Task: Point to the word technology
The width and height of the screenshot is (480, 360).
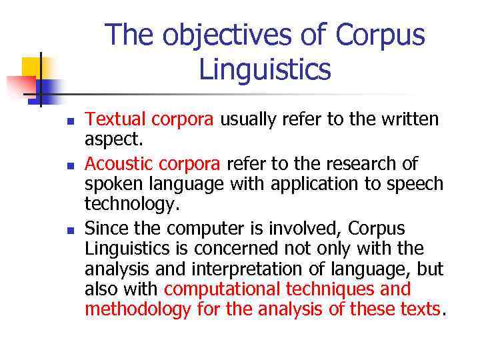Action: click(x=133, y=204)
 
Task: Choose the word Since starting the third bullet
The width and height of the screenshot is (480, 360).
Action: click(x=106, y=228)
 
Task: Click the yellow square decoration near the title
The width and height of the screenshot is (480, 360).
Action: click(x=31, y=67)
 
